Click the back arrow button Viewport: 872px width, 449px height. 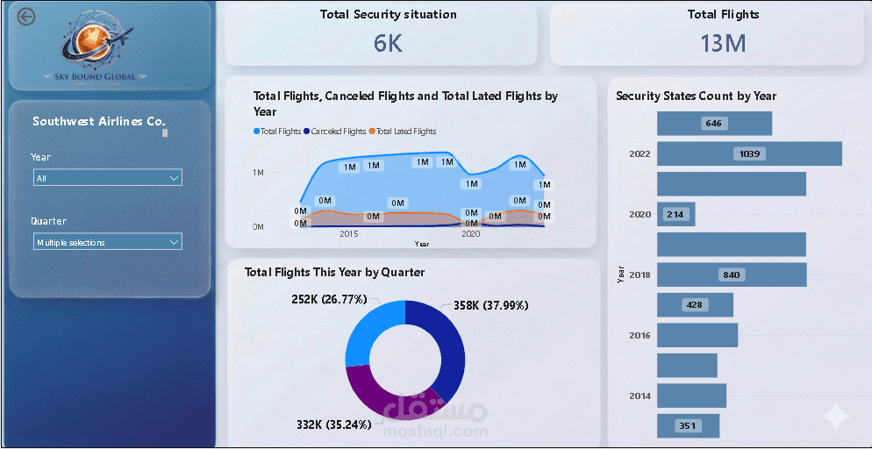click(x=27, y=17)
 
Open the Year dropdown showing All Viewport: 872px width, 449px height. click(x=107, y=178)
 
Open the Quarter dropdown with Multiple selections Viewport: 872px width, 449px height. click(x=107, y=242)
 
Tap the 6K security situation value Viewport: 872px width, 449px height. click(x=388, y=43)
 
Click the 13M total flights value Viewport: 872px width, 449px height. click(x=723, y=43)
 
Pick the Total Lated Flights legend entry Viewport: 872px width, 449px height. click(x=403, y=132)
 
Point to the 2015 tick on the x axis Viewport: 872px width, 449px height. click(x=349, y=234)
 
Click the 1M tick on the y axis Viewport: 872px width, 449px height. click(x=258, y=173)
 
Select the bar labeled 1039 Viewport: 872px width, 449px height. click(x=749, y=153)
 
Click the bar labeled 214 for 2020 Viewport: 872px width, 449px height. click(x=675, y=214)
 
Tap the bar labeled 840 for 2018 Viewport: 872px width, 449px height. click(x=731, y=274)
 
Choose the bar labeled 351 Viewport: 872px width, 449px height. click(x=688, y=426)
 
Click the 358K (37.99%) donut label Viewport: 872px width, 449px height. click(x=491, y=306)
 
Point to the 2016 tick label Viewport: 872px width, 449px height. click(x=640, y=335)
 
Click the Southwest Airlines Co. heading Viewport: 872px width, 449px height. click(x=99, y=121)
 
